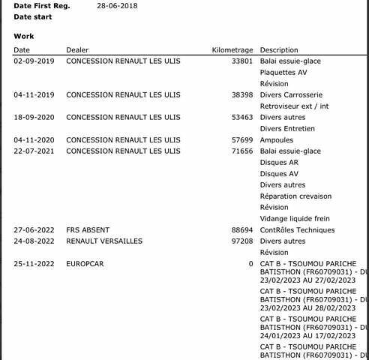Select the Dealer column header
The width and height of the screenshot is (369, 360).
point(77,50)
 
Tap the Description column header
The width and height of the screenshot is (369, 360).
point(279,50)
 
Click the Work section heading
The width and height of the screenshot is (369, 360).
point(23,36)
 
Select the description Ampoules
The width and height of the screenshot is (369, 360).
point(277,140)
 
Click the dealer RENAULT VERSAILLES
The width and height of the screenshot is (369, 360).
point(104,241)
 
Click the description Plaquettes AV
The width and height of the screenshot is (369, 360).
point(283,73)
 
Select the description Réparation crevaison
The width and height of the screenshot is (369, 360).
point(295,196)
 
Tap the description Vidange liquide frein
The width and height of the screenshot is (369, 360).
point(295,219)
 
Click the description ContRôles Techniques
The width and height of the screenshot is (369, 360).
point(297,230)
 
